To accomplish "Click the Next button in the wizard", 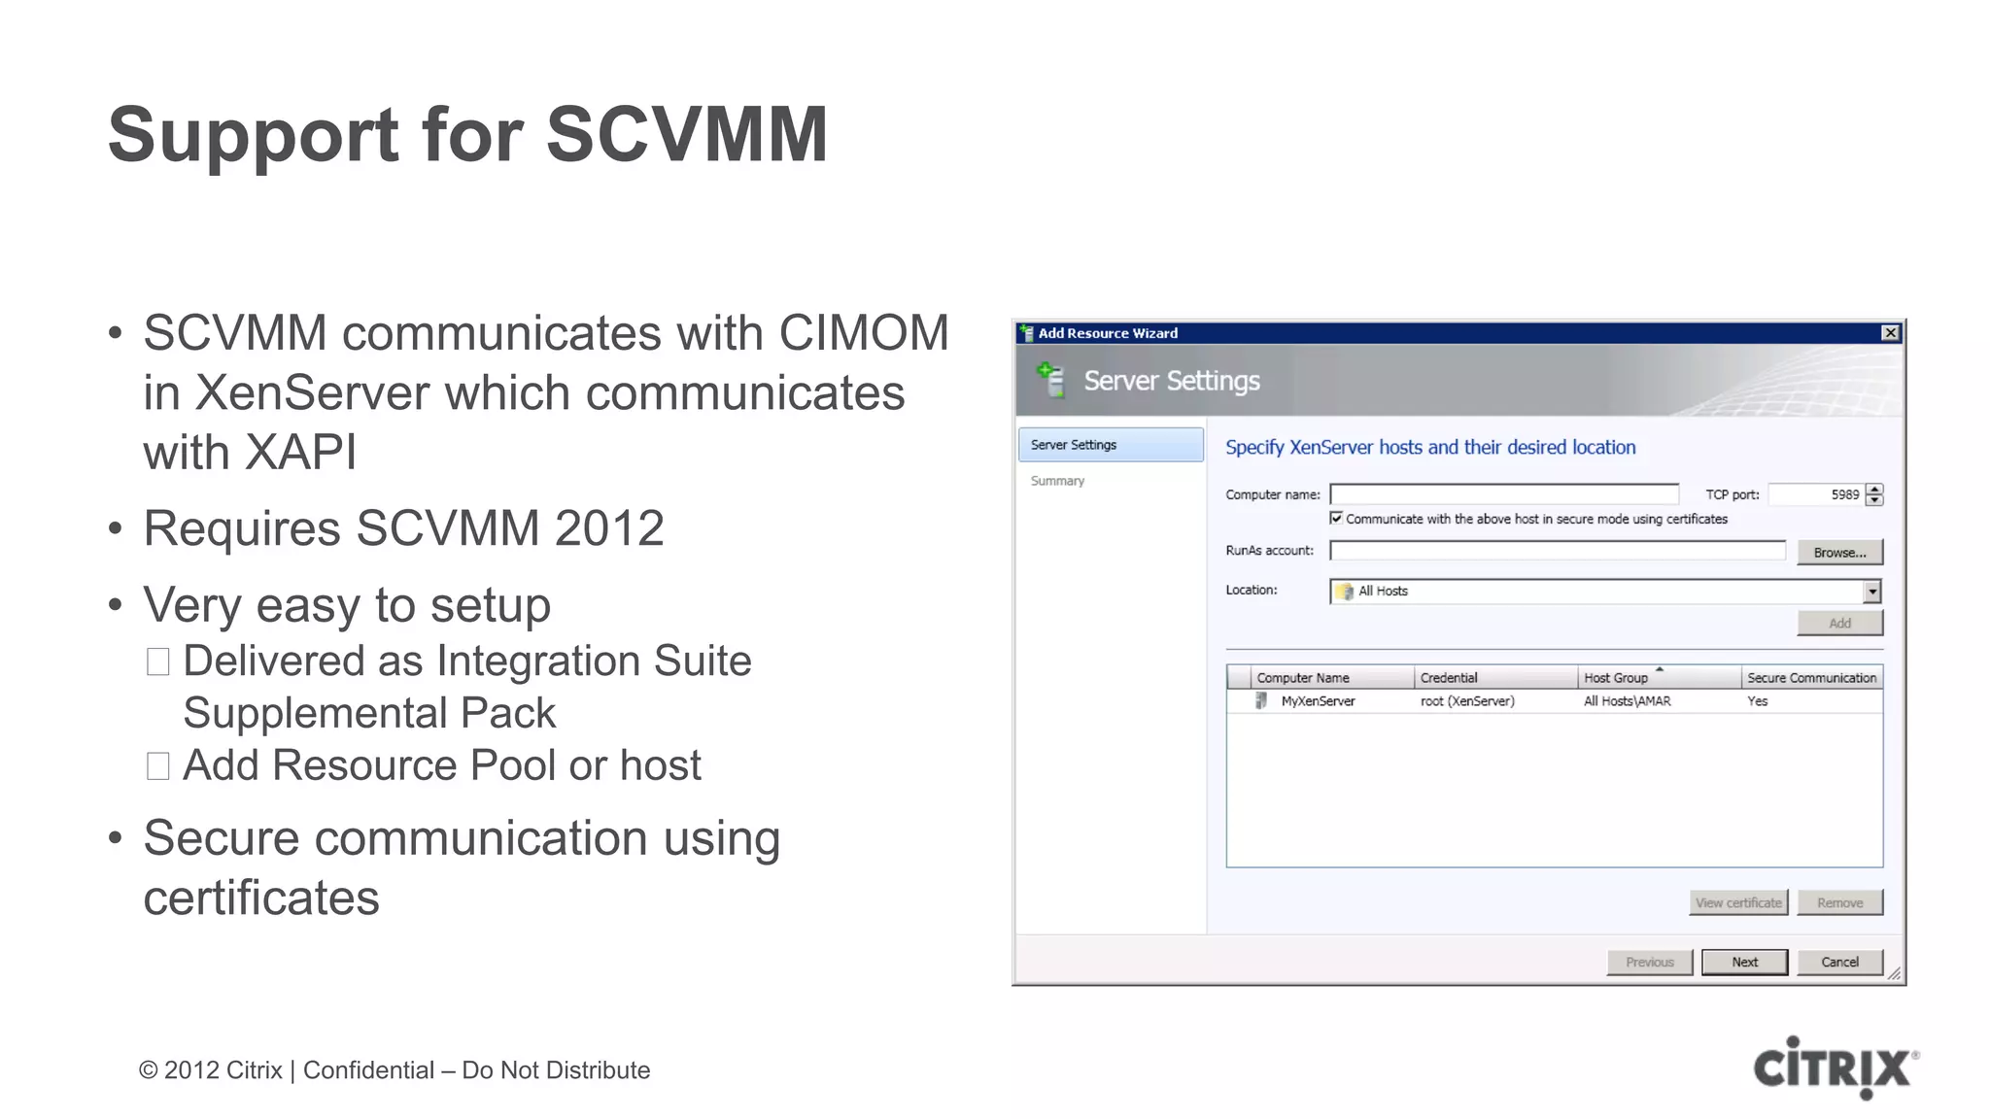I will click(1744, 962).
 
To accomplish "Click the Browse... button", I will click(1839, 552).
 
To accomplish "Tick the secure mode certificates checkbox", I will click(1336, 519).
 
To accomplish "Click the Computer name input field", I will click(1503, 494).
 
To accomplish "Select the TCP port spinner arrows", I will click(1874, 494).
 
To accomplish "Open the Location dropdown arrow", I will click(1871, 591).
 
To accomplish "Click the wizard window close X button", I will click(1890, 333).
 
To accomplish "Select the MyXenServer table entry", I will click(1317, 701).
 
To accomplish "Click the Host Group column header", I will click(1616, 678).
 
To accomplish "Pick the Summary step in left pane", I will click(1057, 481).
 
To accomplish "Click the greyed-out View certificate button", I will click(1738, 902).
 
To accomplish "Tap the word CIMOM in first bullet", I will click(863, 333).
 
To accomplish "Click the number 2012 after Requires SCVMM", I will click(608, 528).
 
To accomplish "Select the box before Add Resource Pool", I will click(158, 765).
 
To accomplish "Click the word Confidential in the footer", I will click(368, 1070).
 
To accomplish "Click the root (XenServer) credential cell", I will click(1467, 701).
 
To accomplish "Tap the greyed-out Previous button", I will click(1649, 962).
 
